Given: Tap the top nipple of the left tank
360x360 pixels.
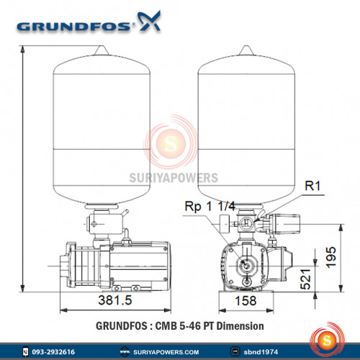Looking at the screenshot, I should point(101,48).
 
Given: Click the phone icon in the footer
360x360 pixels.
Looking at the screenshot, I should point(27,352).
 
